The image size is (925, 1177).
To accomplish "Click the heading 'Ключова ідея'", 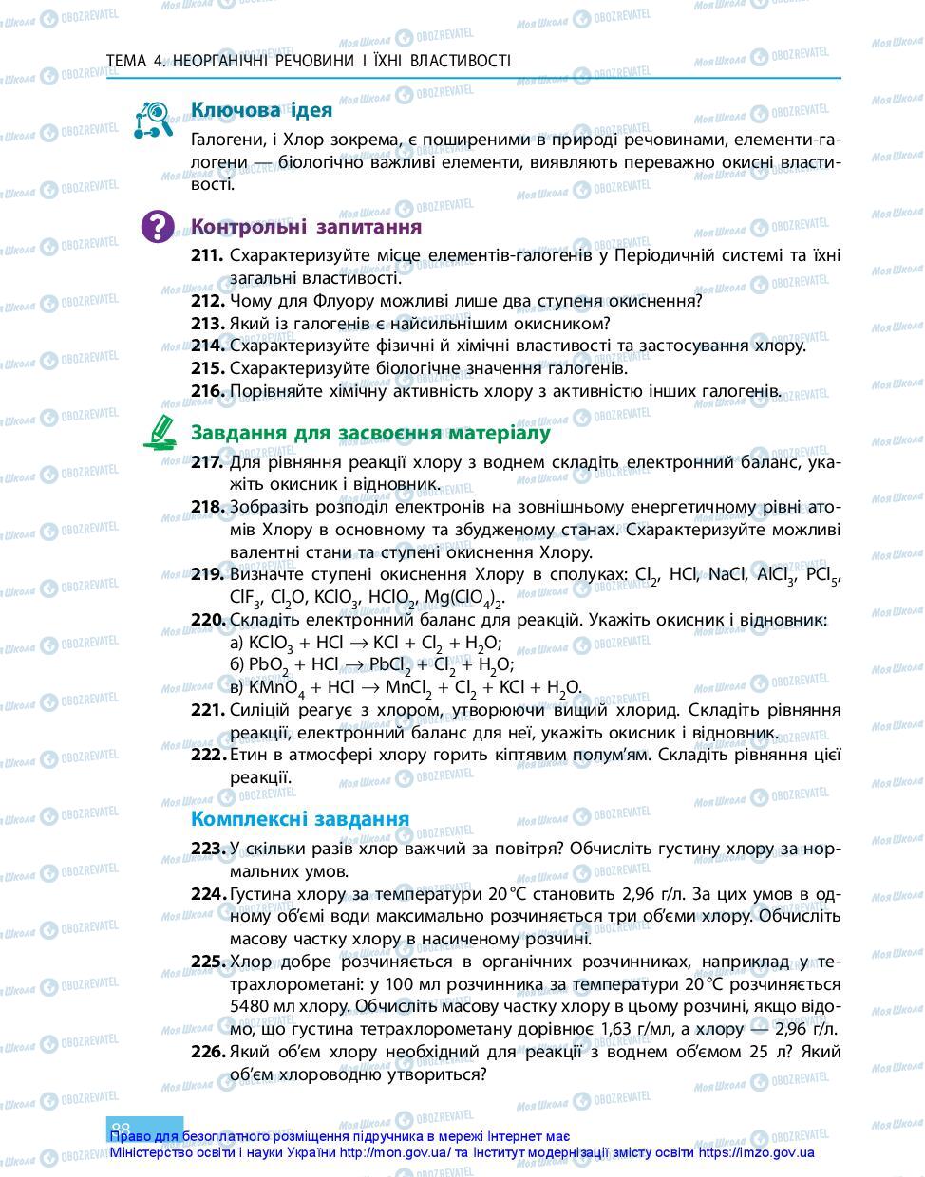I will pyautogui.click(x=261, y=110).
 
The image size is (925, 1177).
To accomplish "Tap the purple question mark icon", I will pyautogui.click(x=158, y=227).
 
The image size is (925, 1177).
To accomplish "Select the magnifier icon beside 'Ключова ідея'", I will pyautogui.click(x=153, y=121).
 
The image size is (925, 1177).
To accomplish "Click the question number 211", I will pyautogui.click(x=207, y=256).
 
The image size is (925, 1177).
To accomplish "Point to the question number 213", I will pyautogui.click(x=207, y=324).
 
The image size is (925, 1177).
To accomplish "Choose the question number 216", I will pyautogui.click(x=207, y=390).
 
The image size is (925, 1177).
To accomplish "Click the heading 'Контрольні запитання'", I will pyautogui.click(x=306, y=227).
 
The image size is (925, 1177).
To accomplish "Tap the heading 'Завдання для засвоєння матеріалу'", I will pyautogui.click(x=370, y=433).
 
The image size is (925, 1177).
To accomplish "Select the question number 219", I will pyautogui.click(x=207, y=574).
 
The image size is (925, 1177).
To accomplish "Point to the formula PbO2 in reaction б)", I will pyautogui.click(x=269, y=665).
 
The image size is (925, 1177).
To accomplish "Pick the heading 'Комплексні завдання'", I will pyautogui.click(x=299, y=818).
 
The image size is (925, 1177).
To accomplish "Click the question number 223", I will pyautogui.click(x=207, y=850).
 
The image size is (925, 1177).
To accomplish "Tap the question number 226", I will pyautogui.click(x=207, y=1052).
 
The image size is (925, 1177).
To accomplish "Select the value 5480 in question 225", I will pyautogui.click(x=250, y=1006).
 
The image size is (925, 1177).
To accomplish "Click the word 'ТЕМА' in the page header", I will pyautogui.click(x=126, y=62).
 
